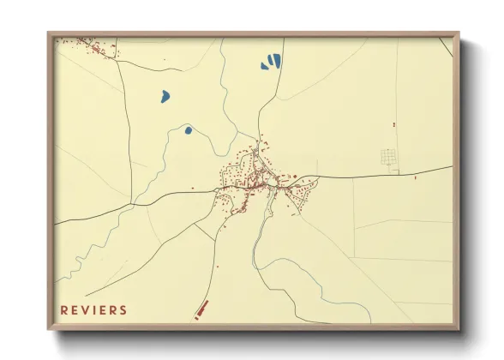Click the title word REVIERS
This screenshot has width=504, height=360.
[x=93, y=310]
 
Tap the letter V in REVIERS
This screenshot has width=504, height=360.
[x=86, y=310]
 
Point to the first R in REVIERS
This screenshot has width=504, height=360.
[x=63, y=310]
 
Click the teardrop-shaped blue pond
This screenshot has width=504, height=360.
[x=165, y=96]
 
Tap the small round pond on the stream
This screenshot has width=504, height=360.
[x=188, y=130]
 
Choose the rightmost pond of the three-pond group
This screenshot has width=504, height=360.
[x=277, y=60]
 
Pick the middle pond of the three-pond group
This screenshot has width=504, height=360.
[x=271, y=62]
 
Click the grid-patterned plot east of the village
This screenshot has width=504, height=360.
[x=389, y=158]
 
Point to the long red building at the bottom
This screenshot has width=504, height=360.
[x=202, y=309]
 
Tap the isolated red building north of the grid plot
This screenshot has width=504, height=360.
[x=393, y=125]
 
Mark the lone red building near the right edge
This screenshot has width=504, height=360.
[x=415, y=178]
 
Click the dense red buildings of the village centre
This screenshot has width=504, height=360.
[x=253, y=178]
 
